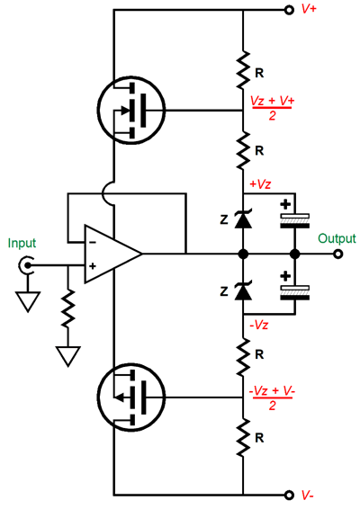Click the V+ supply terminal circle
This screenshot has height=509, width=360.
[x=289, y=10]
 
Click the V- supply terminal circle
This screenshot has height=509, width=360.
[x=289, y=495]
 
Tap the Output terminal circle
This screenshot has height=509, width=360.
[x=337, y=254]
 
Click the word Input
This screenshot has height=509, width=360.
[x=22, y=243]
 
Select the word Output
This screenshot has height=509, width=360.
[x=337, y=238]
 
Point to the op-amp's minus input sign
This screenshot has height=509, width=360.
[x=93, y=242]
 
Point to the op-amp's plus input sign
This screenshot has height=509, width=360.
[x=93, y=266]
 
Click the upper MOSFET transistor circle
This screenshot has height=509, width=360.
[x=97, y=111]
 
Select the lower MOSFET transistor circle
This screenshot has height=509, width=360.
[x=97, y=397]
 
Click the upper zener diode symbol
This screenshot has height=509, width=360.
[x=243, y=219]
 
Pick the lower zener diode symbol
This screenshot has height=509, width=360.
[x=243, y=291]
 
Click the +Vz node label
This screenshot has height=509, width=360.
[x=260, y=184]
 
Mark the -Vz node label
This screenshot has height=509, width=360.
[x=259, y=325]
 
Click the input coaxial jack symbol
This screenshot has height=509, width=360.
[x=25, y=265]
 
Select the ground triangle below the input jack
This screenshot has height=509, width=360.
[x=28, y=302]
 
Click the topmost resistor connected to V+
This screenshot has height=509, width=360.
[x=243, y=69]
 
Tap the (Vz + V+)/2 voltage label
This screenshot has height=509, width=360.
[x=273, y=108]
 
